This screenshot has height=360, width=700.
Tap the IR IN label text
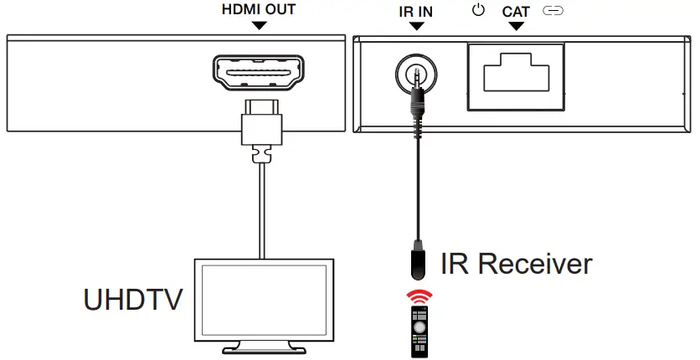coord(416,11)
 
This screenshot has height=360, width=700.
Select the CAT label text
coord(516,11)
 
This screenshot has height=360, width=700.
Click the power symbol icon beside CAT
coord(479,11)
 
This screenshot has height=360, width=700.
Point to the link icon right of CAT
coord(554,11)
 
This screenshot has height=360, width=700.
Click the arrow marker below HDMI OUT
coord(260,25)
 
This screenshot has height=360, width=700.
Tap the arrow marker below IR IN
coord(416,25)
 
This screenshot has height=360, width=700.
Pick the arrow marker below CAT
coord(516,25)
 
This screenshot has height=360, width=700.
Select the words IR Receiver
coord(517,264)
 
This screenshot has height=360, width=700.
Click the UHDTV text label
coord(133,301)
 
